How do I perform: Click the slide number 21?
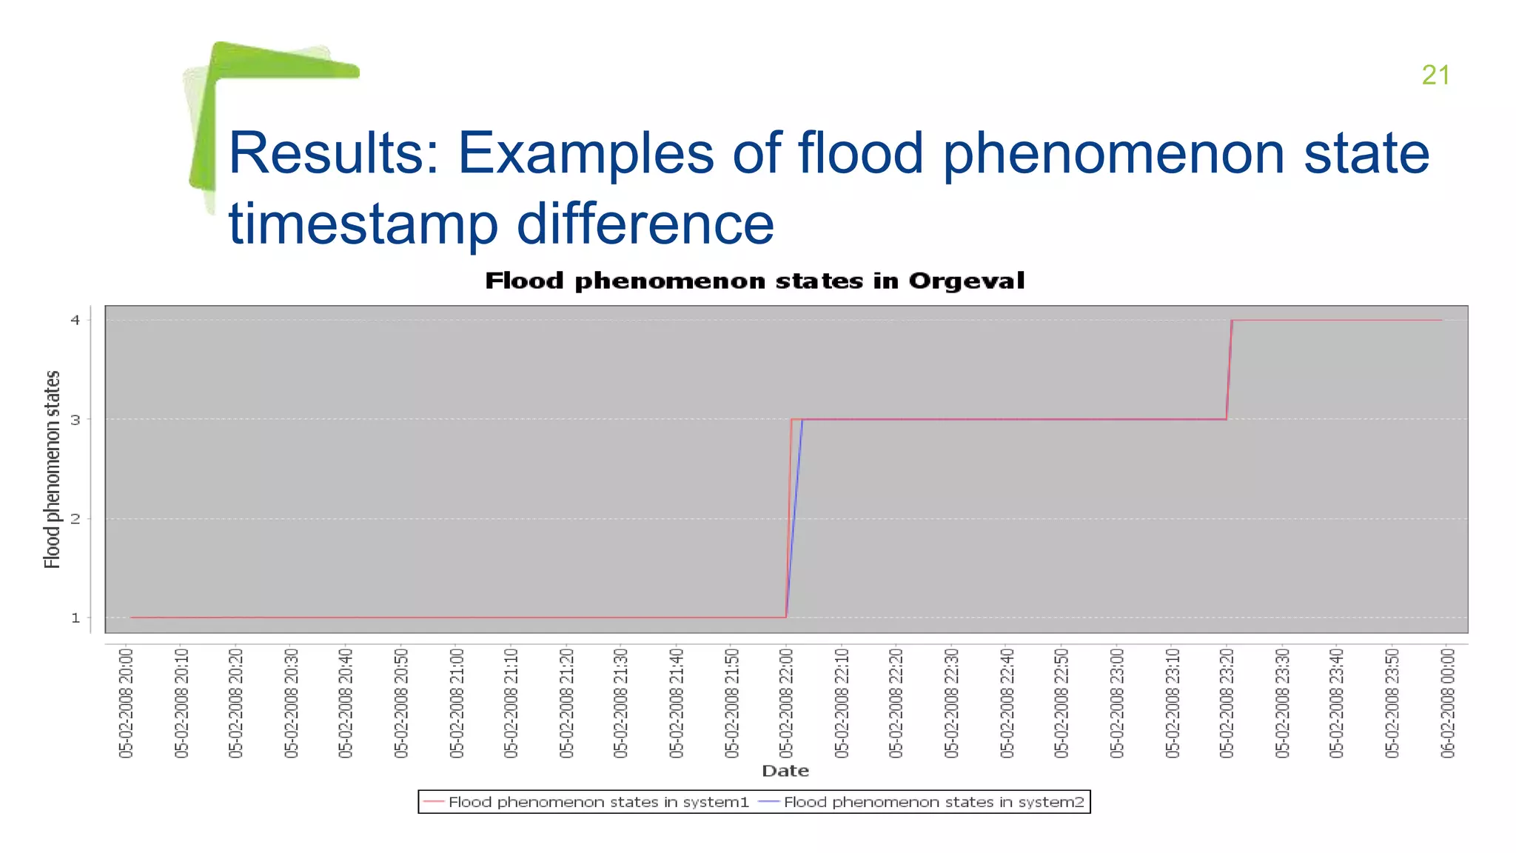[1435, 75]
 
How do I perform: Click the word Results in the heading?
[333, 153]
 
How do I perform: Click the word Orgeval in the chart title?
[966, 281]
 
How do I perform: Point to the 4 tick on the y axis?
[76, 320]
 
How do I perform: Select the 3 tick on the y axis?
[76, 419]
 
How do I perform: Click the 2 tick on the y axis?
[76, 518]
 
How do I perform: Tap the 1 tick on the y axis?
[76, 618]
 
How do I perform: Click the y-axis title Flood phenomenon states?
[52, 469]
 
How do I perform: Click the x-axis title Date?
[785, 771]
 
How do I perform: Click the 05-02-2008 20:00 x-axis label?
[127, 703]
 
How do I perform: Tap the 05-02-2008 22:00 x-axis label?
[786, 703]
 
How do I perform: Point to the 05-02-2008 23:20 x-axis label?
[1227, 703]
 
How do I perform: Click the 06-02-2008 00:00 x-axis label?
[1447, 703]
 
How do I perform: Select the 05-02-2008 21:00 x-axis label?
[457, 703]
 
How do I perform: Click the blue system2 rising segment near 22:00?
[795, 511]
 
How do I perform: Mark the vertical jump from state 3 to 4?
[1230, 370]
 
